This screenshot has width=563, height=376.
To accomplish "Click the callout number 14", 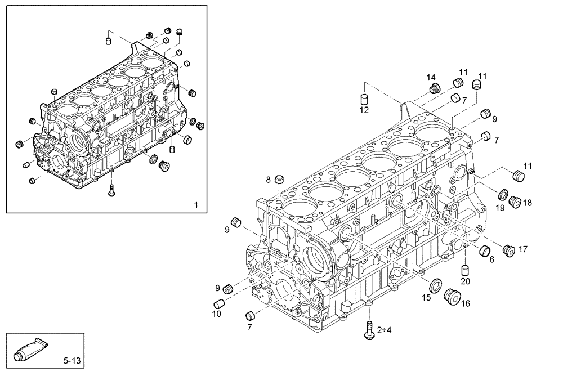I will tap(431, 77).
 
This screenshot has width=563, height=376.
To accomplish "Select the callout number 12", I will tap(364, 110).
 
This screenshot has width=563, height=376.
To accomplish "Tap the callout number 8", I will tap(269, 180).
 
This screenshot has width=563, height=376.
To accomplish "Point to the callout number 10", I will tap(216, 314).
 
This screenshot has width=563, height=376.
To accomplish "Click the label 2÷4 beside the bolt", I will tap(384, 330).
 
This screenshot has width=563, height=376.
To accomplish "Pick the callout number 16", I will tap(466, 304).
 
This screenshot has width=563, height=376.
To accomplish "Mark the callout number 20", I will tap(465, 281).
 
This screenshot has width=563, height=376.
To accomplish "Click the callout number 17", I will tap(522, 248).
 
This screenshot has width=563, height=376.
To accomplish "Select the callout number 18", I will tap(527, 202).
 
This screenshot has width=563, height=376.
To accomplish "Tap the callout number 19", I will tap(500, 208).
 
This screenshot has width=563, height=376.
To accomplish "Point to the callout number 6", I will tap(491, 259).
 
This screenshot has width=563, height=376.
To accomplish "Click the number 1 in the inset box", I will tap(195, 204).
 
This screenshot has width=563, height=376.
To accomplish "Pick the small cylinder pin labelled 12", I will tap(364, 99).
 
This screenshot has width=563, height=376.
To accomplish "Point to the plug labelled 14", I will tap(434, 88).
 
